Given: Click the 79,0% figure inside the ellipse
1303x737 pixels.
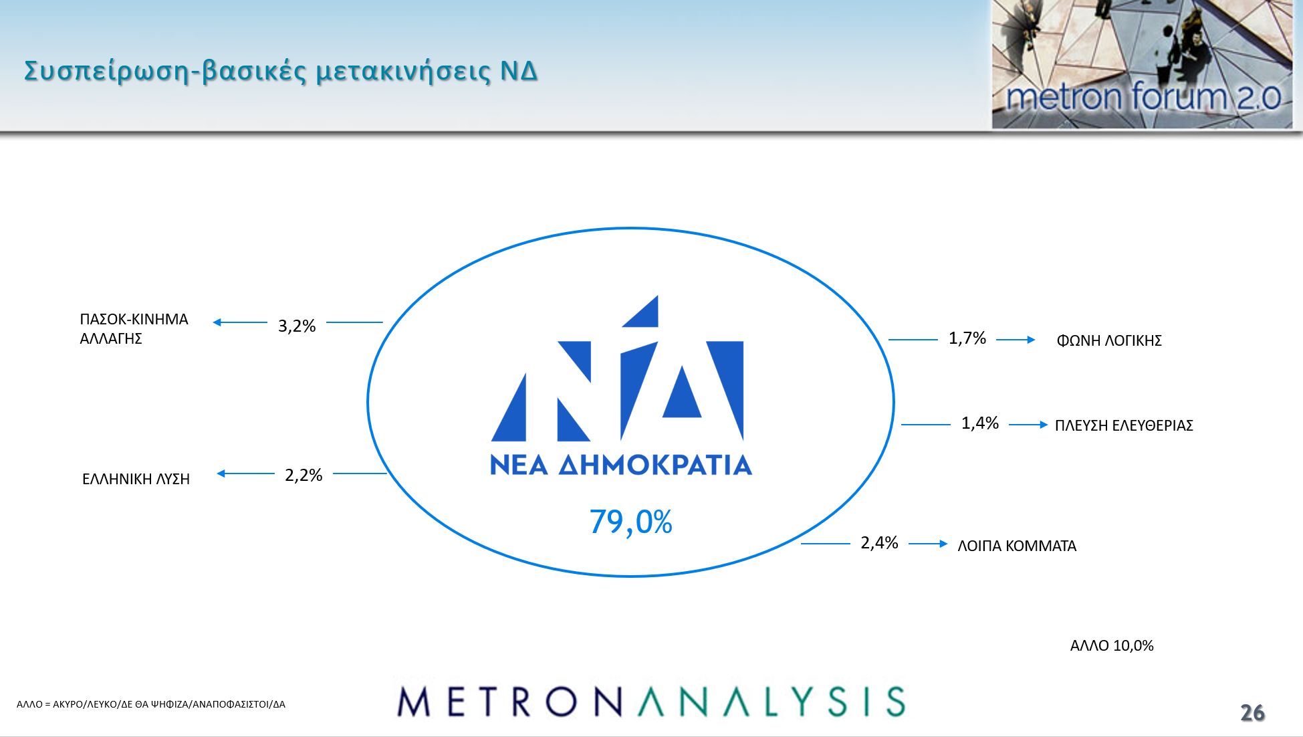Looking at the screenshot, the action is pyautogui.click(x=630, y=522).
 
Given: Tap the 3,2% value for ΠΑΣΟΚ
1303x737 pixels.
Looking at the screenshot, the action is pyautogui.click(x=297, y=326).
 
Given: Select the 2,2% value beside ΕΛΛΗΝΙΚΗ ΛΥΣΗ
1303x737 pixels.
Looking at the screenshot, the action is pyautogui.click(x=304, y=476).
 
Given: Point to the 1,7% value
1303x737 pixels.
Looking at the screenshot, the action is pyautogui.click(x=967, y=338).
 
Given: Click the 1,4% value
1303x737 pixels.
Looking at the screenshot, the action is pyautogui.click(x=980, y=423).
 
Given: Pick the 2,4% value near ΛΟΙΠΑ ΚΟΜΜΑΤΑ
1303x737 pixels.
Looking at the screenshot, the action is pyautogui.click(x=879, y=543).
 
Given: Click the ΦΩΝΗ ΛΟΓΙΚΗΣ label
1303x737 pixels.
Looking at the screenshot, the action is pyautogui.click(x=1109, y=340).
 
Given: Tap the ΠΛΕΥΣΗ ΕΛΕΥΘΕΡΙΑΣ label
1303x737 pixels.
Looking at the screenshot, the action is pyautogui.click(x=1124, y=425).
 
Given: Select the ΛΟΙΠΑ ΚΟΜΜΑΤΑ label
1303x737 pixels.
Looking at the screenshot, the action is pyautogui.click(x=1017, y=546).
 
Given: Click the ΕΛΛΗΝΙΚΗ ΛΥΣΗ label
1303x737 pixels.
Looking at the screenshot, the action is pyautogui.click(x=136, y=479).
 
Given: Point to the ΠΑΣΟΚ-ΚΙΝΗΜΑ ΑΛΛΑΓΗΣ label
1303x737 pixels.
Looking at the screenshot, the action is pyautogui.click(x=134, y=328).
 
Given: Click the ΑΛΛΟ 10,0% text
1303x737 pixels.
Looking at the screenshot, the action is pyautogui.click(x=1112, y=645).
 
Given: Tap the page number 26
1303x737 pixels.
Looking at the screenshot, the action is pyautogui.click(x=1252, y=713).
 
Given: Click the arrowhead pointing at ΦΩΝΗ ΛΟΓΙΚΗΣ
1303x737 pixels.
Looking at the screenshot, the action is pyautogui.click(x=1031, y=340).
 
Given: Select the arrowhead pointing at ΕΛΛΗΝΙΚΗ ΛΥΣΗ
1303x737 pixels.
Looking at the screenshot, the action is pyautogui.click(x=221, y=473).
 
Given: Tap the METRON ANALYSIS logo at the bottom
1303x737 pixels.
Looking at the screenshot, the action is pyautogui.click(x=651, y=701).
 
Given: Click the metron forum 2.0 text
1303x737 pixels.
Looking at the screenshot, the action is pyautogui.click(x=1143, y=97).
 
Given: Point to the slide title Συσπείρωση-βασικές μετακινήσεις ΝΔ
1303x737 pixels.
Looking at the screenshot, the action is pyautogui.click(x=281, y=71).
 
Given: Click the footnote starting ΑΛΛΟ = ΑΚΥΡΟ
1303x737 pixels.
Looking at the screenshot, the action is pyautogui.click(x=151, y=704).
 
